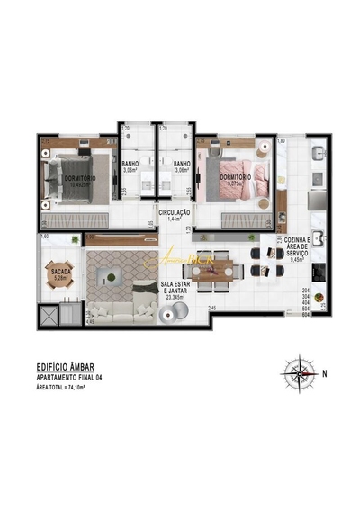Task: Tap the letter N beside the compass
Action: tap(325, 371)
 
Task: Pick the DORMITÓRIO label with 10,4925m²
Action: tap(82, 181)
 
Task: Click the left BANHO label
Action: tap(130, 166)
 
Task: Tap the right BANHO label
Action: tap(182, 166)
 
